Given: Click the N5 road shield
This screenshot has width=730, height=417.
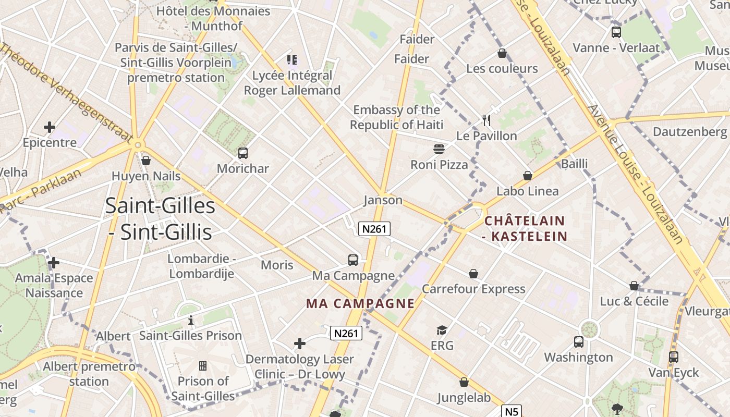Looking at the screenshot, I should point(512,411).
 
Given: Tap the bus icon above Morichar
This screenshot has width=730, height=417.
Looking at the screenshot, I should point(243,153).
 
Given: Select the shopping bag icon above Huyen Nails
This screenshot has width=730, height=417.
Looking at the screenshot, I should point(146,161).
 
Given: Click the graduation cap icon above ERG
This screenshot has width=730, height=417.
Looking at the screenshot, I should point(442,330).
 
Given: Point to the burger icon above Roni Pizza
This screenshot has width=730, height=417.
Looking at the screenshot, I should point(439,149).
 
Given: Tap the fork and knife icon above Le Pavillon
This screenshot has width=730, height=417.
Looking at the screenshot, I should point(486,120).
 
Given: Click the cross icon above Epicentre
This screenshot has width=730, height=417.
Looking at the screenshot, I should point(50,127).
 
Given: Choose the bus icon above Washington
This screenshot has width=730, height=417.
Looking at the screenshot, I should point(579,342).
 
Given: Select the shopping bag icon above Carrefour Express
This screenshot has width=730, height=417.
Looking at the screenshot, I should point(473,274).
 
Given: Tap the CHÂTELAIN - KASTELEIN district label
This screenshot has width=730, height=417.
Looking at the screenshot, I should point(525,228).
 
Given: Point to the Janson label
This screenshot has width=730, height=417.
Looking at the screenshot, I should point(383,200).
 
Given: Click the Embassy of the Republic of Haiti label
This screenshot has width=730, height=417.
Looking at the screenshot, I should point(396,117).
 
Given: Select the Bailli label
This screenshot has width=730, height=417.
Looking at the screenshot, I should point(574,164).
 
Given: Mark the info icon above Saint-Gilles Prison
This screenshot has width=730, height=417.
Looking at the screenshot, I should point(191,320).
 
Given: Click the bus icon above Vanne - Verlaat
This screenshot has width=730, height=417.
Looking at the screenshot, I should point(616,32).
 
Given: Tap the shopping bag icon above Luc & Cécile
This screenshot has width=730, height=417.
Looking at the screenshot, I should point(634,286).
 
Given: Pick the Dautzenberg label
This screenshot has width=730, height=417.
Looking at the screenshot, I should point(689,131).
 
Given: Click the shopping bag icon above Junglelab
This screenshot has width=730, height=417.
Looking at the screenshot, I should point(464,383).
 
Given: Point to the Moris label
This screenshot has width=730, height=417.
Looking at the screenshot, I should point(277,265).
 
